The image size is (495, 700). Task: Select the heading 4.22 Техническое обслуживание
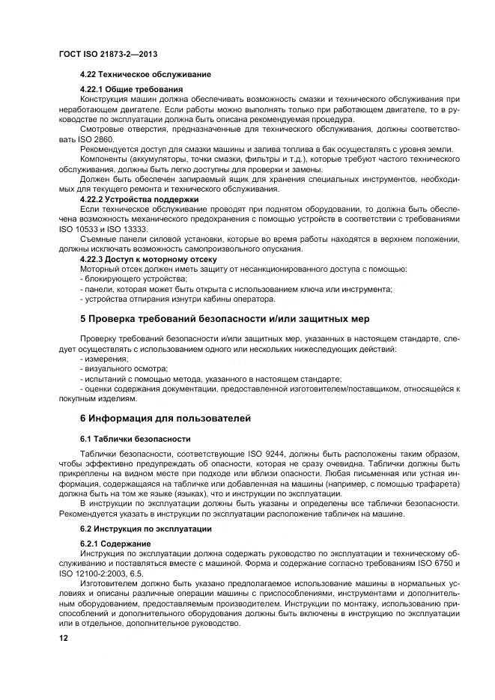coord(145,75)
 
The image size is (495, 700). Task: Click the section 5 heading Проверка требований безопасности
coord(225,319)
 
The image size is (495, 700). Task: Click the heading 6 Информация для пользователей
coord(165,418)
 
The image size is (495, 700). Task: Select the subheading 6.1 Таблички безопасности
coord(135,439)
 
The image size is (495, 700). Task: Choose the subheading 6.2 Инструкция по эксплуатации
coord(147,529)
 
